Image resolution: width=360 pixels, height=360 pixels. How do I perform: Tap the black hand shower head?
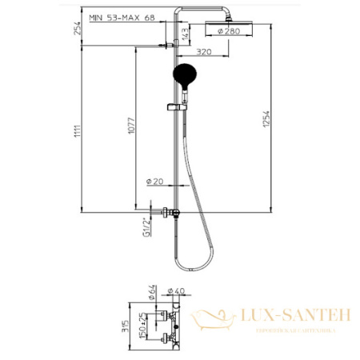[182, 77]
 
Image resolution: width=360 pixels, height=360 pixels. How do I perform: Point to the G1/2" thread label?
[146, 226]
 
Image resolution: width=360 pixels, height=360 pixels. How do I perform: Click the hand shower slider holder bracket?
[171, 106]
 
